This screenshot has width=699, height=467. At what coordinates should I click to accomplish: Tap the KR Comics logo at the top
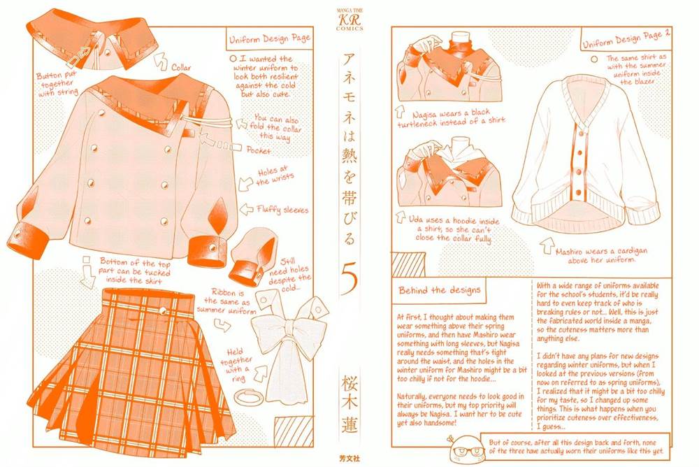coord(349,19)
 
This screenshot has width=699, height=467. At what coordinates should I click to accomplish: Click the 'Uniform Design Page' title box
coord(269,38)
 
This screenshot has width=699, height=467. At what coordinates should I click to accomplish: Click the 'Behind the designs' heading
coord(440,291)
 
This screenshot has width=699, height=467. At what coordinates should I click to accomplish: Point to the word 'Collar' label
coord(181,67)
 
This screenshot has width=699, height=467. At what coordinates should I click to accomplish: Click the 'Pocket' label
coord(259,150)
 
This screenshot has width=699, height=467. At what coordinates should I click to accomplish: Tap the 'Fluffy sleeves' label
coord(282,209)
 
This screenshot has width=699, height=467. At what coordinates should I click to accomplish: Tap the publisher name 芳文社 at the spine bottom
coord(350,458)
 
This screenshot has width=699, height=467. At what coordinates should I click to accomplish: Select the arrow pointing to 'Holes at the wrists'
coord(245,184)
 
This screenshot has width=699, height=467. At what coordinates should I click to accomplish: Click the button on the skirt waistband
coord(163,311)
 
